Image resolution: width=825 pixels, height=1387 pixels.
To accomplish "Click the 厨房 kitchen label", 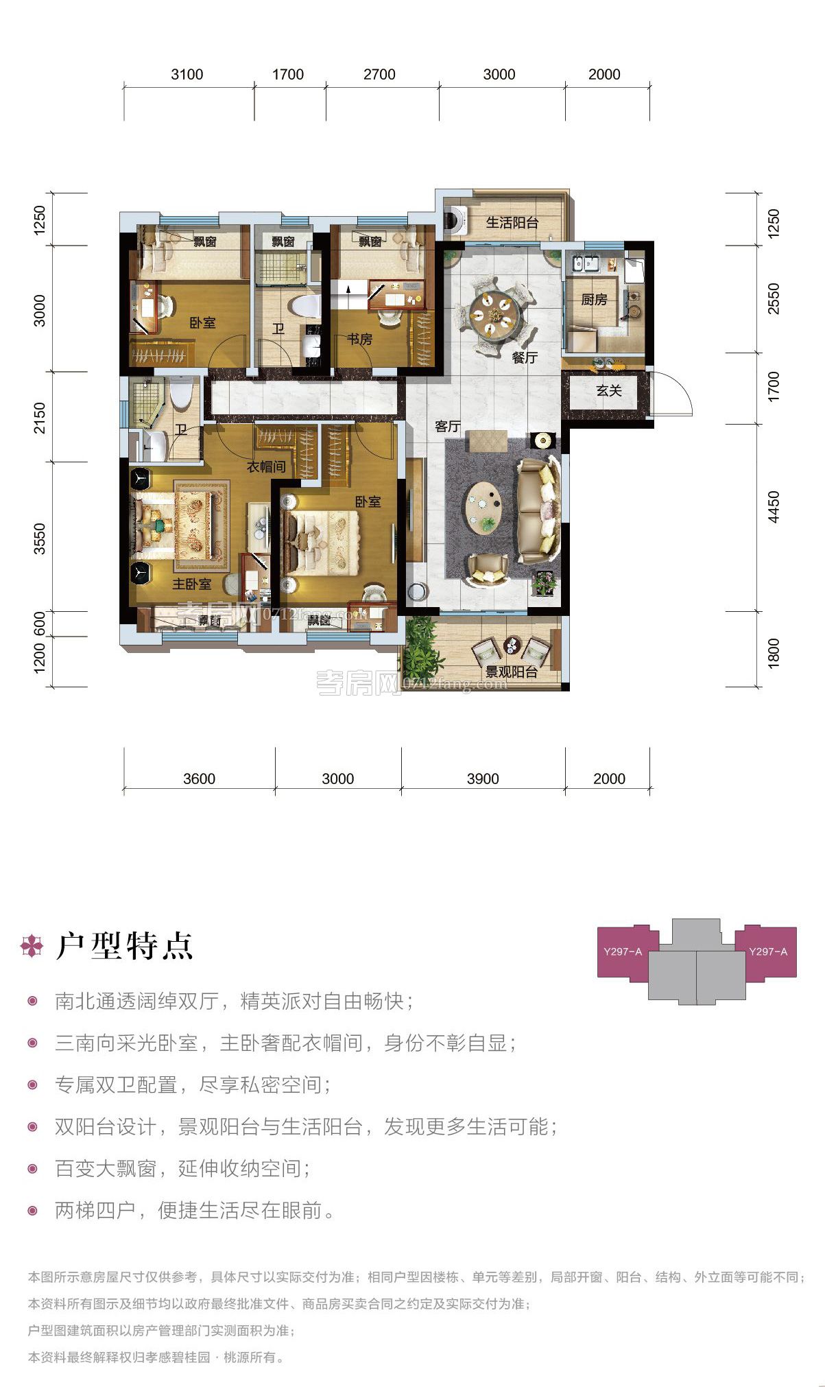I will pos(594,300).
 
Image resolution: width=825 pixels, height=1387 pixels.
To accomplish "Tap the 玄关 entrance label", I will pos(609,391).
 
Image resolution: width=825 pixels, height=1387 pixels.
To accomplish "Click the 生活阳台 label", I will pos(512,223).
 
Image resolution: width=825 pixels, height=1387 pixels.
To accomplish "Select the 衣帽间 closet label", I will pos(266,467).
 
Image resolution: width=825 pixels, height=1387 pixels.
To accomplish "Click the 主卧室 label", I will pos(191,584).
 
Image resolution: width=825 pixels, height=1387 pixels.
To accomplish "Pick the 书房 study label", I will pos(359,339).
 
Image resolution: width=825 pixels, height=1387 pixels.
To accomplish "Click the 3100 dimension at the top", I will pos(187,75).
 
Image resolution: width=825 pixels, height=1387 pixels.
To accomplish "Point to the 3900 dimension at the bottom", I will pos(483,779).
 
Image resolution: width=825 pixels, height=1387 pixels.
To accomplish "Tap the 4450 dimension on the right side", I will pos(774,507).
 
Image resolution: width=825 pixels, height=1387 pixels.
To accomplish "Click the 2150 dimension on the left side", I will pos(40,417).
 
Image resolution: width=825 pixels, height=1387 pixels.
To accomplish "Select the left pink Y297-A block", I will pos(623,951).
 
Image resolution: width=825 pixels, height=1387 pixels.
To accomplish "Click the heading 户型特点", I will pos(124,946).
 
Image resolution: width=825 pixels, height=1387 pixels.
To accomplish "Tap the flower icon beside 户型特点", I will pos(32,945).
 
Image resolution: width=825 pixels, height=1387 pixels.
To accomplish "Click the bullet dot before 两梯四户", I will pos(32,1211).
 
